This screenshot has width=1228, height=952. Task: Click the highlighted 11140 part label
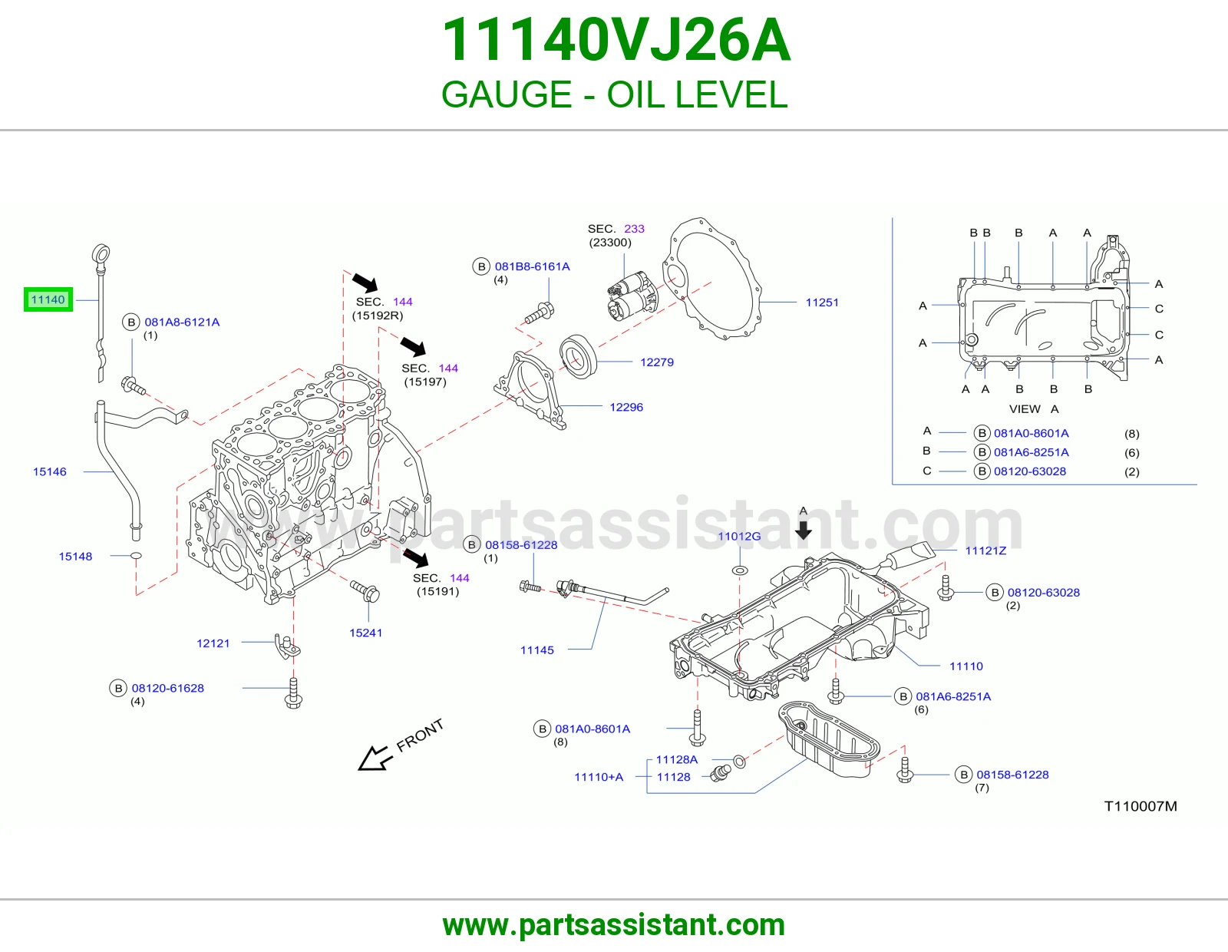pyautogui.click(x=48, y=299)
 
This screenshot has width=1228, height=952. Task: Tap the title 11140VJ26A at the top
pyautogui.click(x=616, y=40)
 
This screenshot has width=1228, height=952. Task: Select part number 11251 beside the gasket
pyautogui.click(x=822, y=302)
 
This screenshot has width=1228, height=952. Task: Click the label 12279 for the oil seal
pyautogui.click(x=657, y=362)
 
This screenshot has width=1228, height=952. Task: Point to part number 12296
pyautogui.click(x=626, y=407)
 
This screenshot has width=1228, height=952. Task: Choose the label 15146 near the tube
pyautogui.click(x=50, y=471)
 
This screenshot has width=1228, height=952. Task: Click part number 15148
pyautogui.click(x=75, y=557)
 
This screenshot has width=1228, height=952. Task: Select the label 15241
pyautogui.click(x=365, y=633)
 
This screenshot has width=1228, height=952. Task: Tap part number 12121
pyautogui.click(x=213, y=643)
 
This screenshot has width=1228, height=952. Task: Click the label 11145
pyautogui.click(x=536, y=650)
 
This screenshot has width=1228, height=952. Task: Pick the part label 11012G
pyautogui.click(x=739, y=536)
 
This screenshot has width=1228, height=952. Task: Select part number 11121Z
pyautogui.click(x=985, y=550)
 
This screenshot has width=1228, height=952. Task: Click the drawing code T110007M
pyautogui.click(x=1141, y=806)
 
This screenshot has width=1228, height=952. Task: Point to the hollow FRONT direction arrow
pyautogui.click(x=375, y=758)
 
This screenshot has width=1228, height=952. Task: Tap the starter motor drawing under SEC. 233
pyautogui.click(x=632, y=296)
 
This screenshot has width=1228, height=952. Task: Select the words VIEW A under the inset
pyautogui.click(x=1034, y=408)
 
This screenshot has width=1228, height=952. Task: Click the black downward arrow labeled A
pyautogui.click(x=803, y=531)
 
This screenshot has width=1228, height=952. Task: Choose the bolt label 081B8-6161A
pyautogui.click(x=533, y=266)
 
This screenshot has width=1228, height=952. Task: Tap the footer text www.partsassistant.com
pyautogui.click(x=614, y=925)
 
